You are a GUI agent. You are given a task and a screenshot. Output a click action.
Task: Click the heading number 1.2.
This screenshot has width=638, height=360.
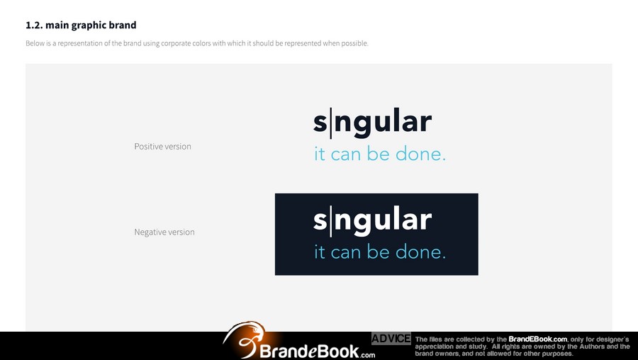point(34,26)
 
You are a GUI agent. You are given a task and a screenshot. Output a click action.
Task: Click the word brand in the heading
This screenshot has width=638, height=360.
point(123,26)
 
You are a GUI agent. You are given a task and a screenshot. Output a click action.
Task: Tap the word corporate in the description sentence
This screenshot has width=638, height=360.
point(177,43)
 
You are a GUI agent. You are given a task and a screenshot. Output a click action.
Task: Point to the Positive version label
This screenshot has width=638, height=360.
point(163,147)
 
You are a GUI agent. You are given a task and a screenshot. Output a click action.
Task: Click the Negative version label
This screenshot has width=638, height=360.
point(164,232)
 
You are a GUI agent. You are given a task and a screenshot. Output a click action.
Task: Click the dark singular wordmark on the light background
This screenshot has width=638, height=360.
point(372,123)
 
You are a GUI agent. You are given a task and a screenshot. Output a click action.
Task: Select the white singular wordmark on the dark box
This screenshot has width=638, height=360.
point(372,221)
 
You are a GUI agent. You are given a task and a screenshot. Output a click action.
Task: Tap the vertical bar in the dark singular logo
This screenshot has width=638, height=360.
point(330,123)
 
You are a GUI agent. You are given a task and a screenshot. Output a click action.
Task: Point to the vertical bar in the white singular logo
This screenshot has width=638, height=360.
point(330,221)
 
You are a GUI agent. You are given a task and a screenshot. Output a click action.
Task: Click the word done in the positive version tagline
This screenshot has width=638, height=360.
point(420,154)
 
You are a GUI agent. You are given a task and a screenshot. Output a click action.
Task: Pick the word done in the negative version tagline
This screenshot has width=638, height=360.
point(420,252)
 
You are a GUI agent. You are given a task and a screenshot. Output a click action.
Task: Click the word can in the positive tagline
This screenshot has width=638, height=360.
point(346,154)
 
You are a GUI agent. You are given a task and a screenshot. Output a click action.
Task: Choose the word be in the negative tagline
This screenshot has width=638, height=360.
point(379,252)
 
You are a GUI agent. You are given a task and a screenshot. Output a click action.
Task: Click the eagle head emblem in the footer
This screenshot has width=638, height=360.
point(245,339)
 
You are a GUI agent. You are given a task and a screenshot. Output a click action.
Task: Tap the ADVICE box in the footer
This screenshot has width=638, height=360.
point(391,339)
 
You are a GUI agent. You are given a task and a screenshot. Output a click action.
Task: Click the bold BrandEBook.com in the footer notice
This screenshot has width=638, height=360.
point(537,339)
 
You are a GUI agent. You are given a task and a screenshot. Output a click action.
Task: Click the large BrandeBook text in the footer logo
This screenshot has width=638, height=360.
point(309,351)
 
